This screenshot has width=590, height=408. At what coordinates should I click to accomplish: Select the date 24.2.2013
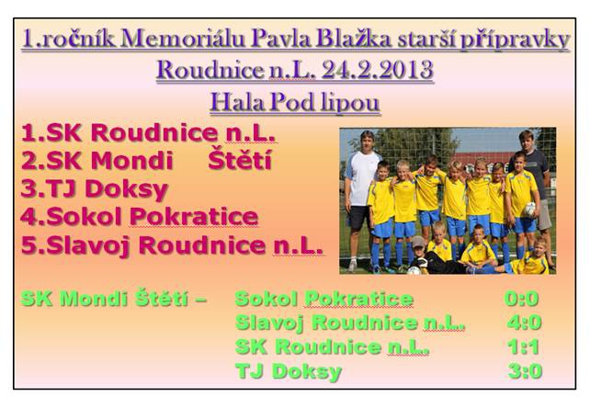(x=377, y=70)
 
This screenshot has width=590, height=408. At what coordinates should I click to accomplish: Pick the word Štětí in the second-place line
(x=240, y=160)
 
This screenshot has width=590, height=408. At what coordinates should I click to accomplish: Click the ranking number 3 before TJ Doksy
(x=28, y=188)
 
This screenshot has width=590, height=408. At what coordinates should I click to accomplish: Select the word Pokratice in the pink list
(x=193, y=217)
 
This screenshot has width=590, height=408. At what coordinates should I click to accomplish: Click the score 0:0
(x=521, y=299)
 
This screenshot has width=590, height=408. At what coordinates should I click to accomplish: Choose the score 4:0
(x=524, y=323)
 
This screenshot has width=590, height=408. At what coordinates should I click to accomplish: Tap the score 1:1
(x=524, y=346)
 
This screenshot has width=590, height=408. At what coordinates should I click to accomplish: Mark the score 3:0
(x=525, y=371)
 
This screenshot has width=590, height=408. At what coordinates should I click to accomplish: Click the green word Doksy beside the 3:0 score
(x=307, y=372)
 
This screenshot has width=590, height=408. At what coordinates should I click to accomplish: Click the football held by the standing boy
(x=529, y=209)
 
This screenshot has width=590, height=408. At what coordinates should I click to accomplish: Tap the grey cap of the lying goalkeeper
(x=417, y=242)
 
